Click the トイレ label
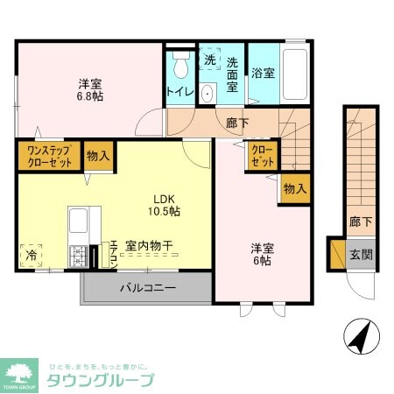[179, 91]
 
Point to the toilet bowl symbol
[181, 66]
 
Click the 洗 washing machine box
[210, 60]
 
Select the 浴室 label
[264, 74]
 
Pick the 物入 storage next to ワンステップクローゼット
[98, 157]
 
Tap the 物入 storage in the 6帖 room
[295, 187]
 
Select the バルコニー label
[148, 288]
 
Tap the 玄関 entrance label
[360, 255]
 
